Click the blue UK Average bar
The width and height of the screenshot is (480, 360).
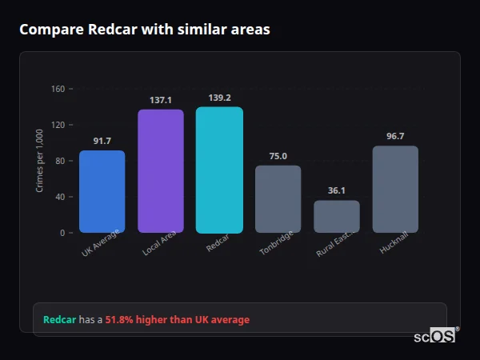point(102,192)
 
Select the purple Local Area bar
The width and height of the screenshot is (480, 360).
point(161,171)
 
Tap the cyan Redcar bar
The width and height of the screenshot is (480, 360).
point(219,170)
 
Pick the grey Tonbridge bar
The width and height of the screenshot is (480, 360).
point(278,199)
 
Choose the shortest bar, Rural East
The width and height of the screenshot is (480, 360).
point(337,216)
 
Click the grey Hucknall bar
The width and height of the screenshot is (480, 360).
point(395,190)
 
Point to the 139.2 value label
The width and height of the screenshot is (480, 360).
point(219,98)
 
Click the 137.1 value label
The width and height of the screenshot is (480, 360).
point(161,100)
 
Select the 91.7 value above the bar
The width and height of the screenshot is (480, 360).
point(102,141)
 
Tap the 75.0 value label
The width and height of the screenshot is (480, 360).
point(278,156)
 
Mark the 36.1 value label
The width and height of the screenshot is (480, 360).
point(337,190)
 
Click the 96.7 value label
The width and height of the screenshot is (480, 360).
point(395,136)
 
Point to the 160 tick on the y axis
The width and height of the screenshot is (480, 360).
point(58,89)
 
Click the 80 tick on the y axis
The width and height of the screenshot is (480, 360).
point(60,161)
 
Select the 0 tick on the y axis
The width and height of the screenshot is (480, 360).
point(62,233)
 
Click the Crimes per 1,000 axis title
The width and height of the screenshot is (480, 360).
point(40,161)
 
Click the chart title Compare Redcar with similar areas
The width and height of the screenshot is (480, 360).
point(145,30)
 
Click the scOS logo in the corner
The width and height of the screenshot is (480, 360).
point(435,337)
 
